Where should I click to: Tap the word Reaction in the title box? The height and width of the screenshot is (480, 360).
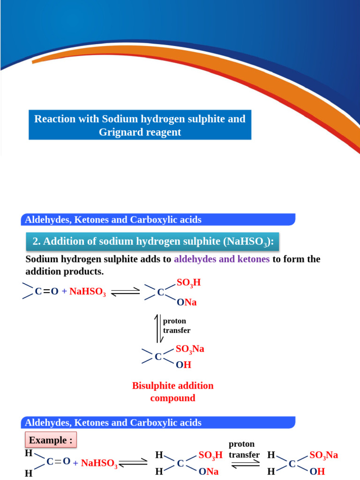54,119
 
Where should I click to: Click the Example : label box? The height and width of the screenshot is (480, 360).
51,440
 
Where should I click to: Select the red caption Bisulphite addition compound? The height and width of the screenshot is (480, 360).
172,392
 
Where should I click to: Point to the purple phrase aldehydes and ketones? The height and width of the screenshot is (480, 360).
222,259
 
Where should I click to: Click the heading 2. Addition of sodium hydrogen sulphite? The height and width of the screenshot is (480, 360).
152,242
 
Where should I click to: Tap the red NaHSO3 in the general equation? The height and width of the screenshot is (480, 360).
88,292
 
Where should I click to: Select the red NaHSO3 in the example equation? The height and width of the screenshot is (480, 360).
99,464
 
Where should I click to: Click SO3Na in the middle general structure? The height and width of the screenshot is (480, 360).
190,349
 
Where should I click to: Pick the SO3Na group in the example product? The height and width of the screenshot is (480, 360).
323,455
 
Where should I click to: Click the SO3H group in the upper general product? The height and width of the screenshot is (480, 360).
188,283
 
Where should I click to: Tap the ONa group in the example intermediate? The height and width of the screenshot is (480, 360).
209,472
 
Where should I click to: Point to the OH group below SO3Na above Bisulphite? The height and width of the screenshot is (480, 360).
183,365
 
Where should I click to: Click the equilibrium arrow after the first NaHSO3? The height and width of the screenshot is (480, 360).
126,292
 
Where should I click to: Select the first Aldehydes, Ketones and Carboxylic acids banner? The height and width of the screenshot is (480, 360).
158,219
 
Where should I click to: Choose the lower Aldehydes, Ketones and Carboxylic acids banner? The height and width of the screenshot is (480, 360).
158,422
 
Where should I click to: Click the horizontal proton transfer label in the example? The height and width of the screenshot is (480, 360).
244,449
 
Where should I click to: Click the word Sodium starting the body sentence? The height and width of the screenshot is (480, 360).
42,259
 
